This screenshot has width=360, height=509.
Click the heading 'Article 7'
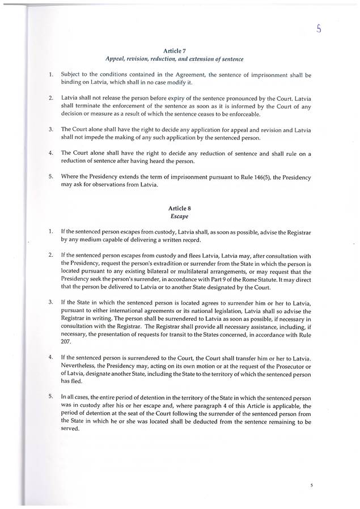point(179,50)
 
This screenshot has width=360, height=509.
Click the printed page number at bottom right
point(312,486)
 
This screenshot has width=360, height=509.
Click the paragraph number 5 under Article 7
point(51,177)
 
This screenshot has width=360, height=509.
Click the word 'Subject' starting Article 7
point(73,74)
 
